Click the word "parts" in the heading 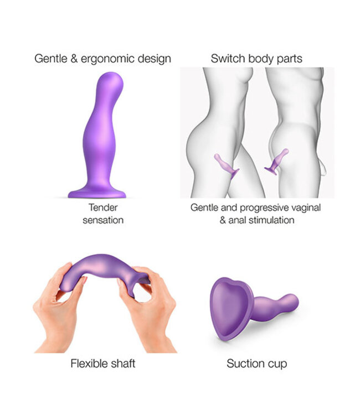pyautogui.click(x=289, y=58)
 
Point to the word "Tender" pyautogui.click(x=102, y=207)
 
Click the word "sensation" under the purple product pyautogui.click(x=102, y=220)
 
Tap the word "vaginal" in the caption pyautogui.click(x=306, y=207)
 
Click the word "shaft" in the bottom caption pyautogui.click(x=122, y=364)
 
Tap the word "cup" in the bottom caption pyautogui.click(x=277, y=364)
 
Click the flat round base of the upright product pyautogui.click(x=97, y=194)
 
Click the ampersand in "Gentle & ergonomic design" pyautogui.click(x=74, y=58)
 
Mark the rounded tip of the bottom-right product pyautogui.click(x=292, y=302)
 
